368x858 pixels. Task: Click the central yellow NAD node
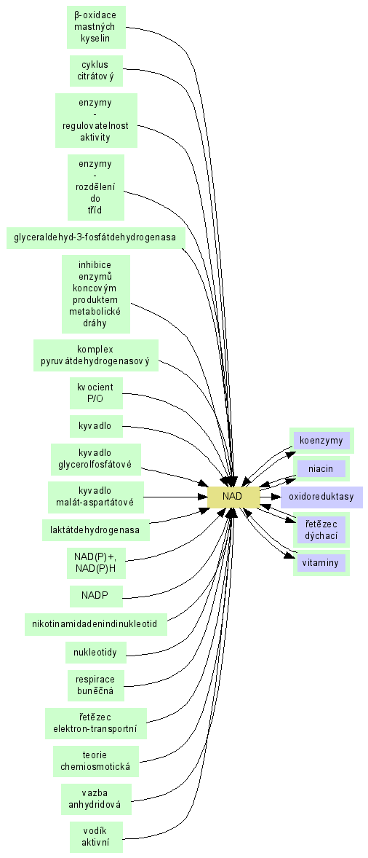pos(233,497)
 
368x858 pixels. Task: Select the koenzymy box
pos(321,441)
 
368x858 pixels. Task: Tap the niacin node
pos(321,469)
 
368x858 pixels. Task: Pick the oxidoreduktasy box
pos(321,497)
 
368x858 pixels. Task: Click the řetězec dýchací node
pos(321,530)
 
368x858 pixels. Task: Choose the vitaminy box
pos(321,563)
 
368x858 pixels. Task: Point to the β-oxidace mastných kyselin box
pos(96,27)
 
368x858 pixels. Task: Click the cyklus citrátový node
pos(96,71)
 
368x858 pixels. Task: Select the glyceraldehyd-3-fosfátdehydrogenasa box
pos(95,238)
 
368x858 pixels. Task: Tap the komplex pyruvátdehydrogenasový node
pos(95,355)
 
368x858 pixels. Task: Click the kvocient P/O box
pos(96,393)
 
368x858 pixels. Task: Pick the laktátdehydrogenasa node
pos(95,530)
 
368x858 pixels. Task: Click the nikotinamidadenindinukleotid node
pos(95,624)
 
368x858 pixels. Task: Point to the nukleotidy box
pos(95,653)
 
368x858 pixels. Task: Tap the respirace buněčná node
pos(95,685)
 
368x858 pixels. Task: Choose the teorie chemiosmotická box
pos(95,761)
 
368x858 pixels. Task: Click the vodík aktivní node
pos(96,837)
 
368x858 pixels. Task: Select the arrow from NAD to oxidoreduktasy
pos(270,497)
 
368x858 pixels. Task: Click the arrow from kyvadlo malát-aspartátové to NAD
pos(175,497)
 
